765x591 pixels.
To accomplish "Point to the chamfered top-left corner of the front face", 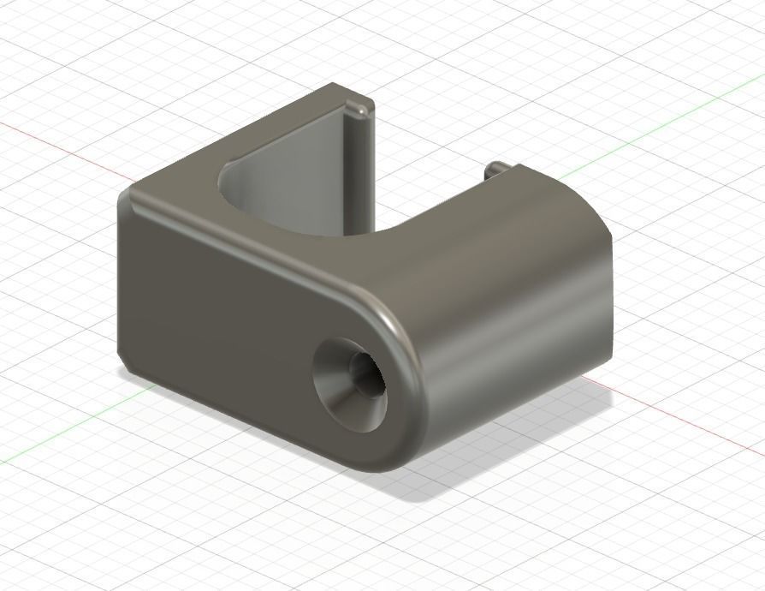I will coord(127,200).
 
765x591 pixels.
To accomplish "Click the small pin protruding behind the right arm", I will coord(494,169).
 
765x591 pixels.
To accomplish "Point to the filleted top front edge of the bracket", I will coord(257,252).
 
